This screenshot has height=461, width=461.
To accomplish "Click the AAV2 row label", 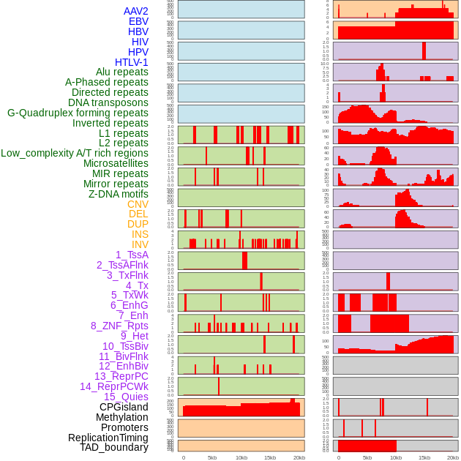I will (135, 11).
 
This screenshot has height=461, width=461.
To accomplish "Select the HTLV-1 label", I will (131, 62).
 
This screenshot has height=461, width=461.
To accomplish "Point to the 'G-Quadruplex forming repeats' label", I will (78, 113).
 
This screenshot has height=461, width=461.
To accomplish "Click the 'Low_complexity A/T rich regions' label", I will (74, 153).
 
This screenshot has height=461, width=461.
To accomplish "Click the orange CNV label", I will (138, 204).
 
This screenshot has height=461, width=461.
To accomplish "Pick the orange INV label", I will (140, 244).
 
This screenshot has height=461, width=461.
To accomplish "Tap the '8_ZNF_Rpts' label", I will (119, 326).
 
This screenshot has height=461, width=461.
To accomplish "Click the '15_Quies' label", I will (126, 397).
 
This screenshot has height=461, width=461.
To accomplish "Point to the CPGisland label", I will (124, 407).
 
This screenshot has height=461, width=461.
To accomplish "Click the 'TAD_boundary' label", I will (113, 447).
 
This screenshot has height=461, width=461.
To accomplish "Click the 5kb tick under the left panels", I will (212, 457).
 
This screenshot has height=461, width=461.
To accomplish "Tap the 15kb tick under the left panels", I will (270, 457).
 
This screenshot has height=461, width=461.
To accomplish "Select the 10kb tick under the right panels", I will (395, 457).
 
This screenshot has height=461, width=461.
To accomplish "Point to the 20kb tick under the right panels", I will (453, 457).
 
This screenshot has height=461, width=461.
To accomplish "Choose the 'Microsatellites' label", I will (116, 163).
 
